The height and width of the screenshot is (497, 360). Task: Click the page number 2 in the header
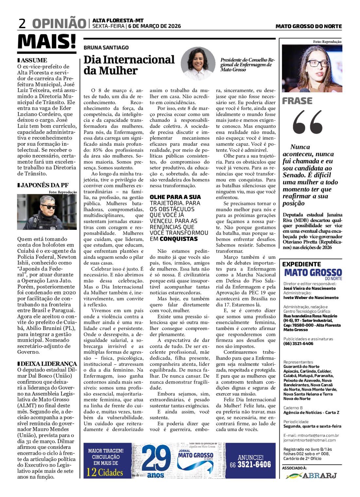click(x=22, y=24)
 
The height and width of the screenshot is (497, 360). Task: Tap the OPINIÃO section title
click(x=59, y=24)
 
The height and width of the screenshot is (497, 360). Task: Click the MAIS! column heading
click(x=47, y=42)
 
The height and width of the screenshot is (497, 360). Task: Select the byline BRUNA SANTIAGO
click(x=106, y=47)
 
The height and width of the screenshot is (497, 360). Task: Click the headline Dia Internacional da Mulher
click(x=129, y=65)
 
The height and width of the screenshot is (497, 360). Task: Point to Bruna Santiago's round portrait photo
click(x=198, y=64)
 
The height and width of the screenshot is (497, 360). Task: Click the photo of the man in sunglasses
click(x=47, y=212)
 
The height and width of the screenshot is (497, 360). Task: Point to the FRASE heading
click(x=297, y=101)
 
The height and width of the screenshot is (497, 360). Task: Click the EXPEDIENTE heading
click(x=301, y=264)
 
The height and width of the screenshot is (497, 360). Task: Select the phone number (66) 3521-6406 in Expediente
click(x=298, y=343)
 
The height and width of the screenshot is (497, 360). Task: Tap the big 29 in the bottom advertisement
click(x=156, y=458)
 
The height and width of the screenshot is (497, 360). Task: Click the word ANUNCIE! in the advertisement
click(x=250, y=457)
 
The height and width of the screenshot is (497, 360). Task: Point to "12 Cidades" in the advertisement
click(x=105, y=472)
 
